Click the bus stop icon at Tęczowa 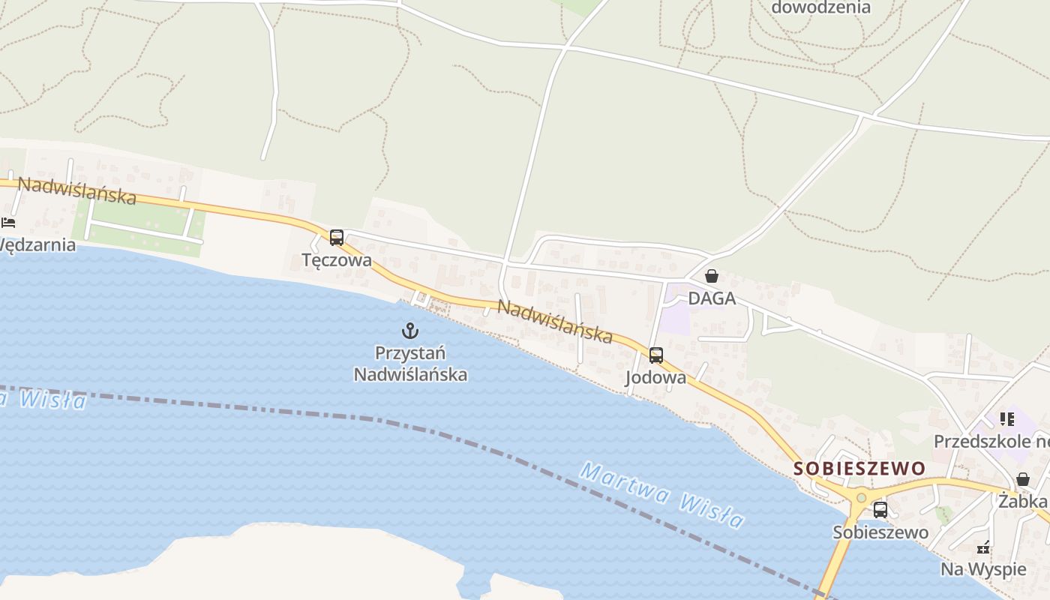tap(337, 238)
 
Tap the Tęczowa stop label tap(337, 260)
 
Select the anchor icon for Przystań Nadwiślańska tap(410, 330)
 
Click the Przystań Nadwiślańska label tap(410, 363)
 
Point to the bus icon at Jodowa tap(656, 355)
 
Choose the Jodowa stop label tap(656, 377)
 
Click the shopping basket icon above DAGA tap(712, 276)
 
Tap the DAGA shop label tap(712, 298)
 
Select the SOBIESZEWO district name tap(859, 469)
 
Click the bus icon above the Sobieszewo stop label tap(880, 510)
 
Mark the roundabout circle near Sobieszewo tap(861, 498)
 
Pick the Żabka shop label tap(1022, 500)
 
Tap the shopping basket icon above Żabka tap(1023, 479)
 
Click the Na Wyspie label tap(983, 569)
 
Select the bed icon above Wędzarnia tap(8, 223)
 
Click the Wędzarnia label tap(37, 245)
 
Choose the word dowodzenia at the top tap(821, 7)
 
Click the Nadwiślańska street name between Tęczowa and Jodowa tap(555, 321)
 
